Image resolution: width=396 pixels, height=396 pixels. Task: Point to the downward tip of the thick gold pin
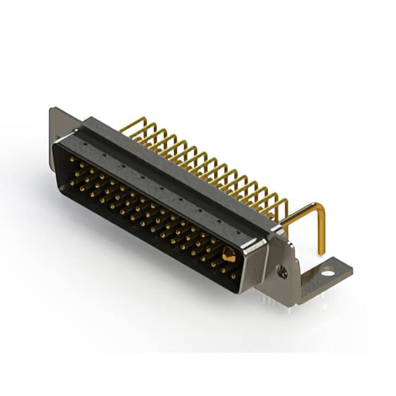(321, 251)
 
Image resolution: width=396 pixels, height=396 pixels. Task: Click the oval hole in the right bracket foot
(327, 270)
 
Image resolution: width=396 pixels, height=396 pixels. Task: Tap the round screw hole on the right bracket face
(282, 270)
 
